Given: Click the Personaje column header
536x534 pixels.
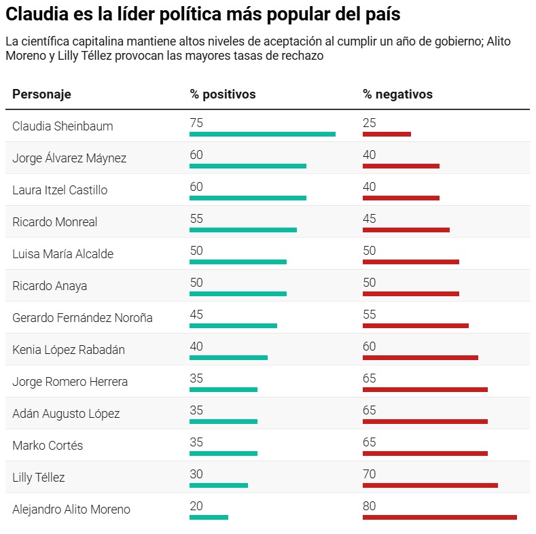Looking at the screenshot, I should click(x=41, y=94).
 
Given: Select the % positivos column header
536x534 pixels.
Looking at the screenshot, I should click(x=223, y=94).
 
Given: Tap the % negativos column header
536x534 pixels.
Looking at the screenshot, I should click(x=397, y=94).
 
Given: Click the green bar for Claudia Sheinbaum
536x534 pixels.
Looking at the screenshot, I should click(x=262, y=134).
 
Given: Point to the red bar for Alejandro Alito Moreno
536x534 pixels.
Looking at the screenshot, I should click(x=440, y=517).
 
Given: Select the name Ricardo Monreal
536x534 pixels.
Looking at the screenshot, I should click(x=55, y=222).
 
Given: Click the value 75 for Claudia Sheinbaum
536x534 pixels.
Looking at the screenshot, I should click(x=196, y=123).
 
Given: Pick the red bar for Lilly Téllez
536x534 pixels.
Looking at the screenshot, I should click(x=430, y=485).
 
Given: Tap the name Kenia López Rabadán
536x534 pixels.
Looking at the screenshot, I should click(x=69, y=350).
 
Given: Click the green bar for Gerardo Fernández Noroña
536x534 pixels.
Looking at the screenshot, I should click(x=233, y=325).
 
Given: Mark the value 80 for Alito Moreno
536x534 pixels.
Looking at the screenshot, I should click(x=370, y=506).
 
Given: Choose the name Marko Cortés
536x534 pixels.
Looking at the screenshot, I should click(x=48, y=446).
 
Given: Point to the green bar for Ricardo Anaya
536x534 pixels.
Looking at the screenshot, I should click(x=238, y=293).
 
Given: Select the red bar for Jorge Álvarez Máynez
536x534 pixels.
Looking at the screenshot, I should click(x=401, y=166).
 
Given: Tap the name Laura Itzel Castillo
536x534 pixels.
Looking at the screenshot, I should click(x=60, y=190).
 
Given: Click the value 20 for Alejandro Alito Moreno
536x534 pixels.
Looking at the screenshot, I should click(x=196, y=506).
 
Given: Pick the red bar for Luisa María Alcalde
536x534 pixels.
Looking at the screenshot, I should click(x=411, y=262).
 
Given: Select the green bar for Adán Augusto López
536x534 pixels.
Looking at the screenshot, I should click(x=224, y=421).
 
